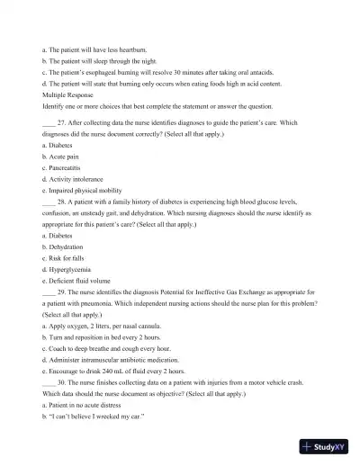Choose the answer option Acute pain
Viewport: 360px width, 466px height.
62,156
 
